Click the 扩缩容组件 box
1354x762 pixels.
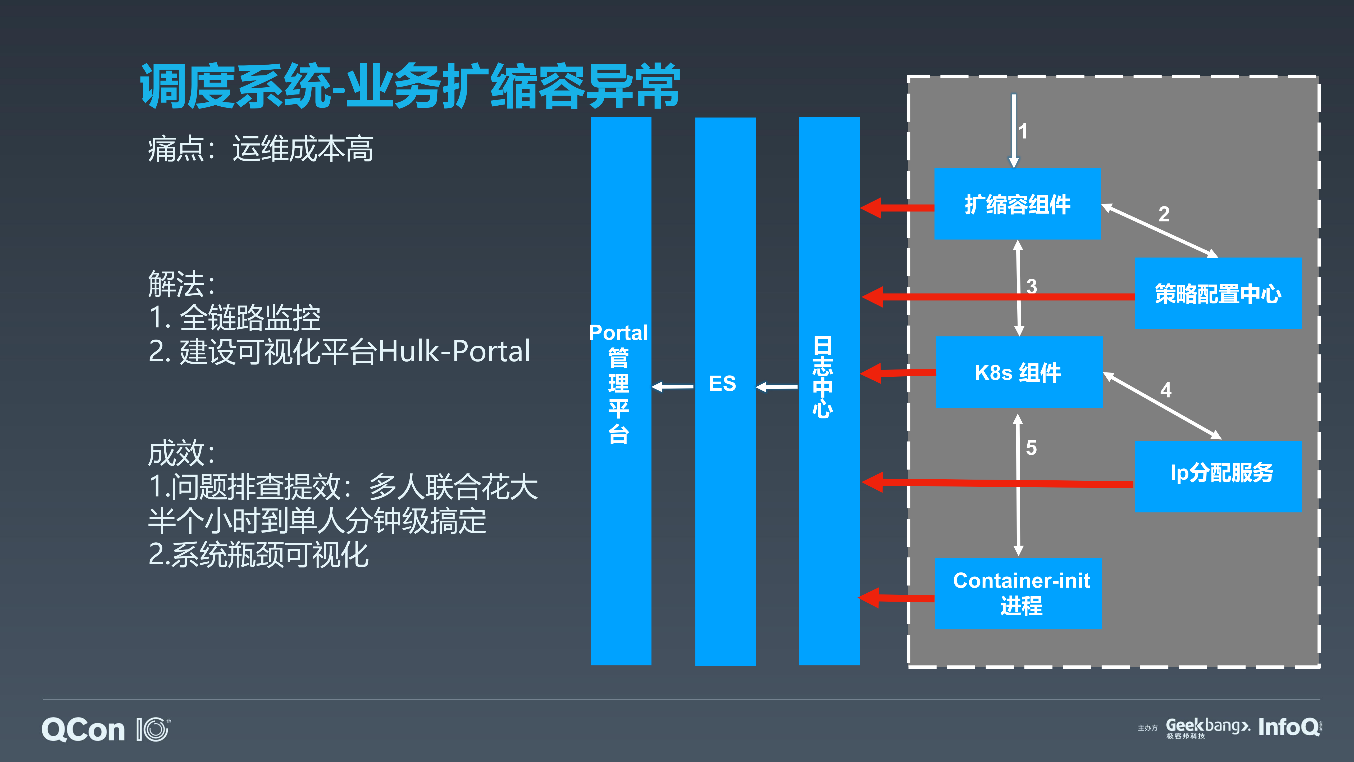click(1017, 204)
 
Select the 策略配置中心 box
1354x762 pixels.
click(1217, 294)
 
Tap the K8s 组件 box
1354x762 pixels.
click(1019, 372)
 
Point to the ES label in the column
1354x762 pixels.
click(723, 383)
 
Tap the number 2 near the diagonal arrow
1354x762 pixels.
click(1164, 214)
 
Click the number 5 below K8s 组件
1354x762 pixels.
click(1031, 448)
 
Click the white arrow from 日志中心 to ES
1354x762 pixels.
click(777, 387)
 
